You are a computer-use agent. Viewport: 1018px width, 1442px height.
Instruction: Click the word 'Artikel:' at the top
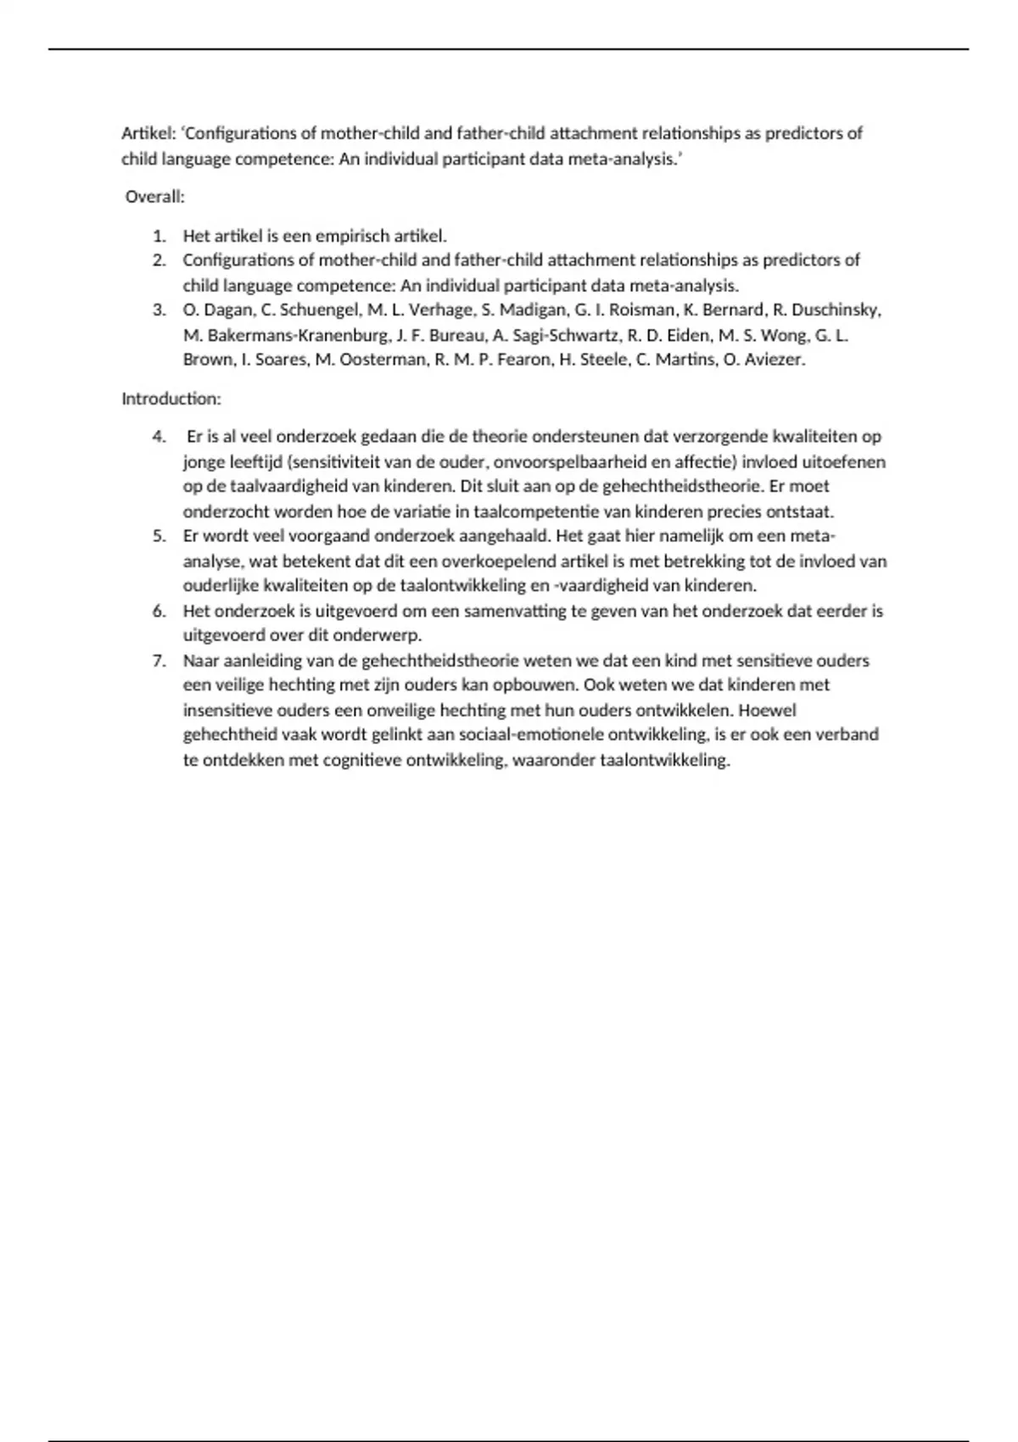pyautogui.click(x=148, y=133)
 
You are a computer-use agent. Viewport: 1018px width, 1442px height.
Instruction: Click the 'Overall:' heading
pyautogui.click(x=154, y=197)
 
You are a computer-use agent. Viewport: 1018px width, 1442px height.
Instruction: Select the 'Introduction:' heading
pyautogui.click(x=171, y=399)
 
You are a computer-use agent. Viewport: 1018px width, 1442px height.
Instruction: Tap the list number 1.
pyautogui.click(x=159, y=236)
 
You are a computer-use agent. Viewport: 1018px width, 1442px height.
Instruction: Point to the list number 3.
pyautogui.click(x=159, y=310)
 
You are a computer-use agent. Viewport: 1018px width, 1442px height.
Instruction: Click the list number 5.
pyautogui.click(x=159, y=536)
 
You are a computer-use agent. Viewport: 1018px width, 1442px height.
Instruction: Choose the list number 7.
pyautogui.click(x=159, y=661)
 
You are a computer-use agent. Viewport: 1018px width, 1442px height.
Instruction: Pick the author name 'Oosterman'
pyautogui.click(x=383, y=360)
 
